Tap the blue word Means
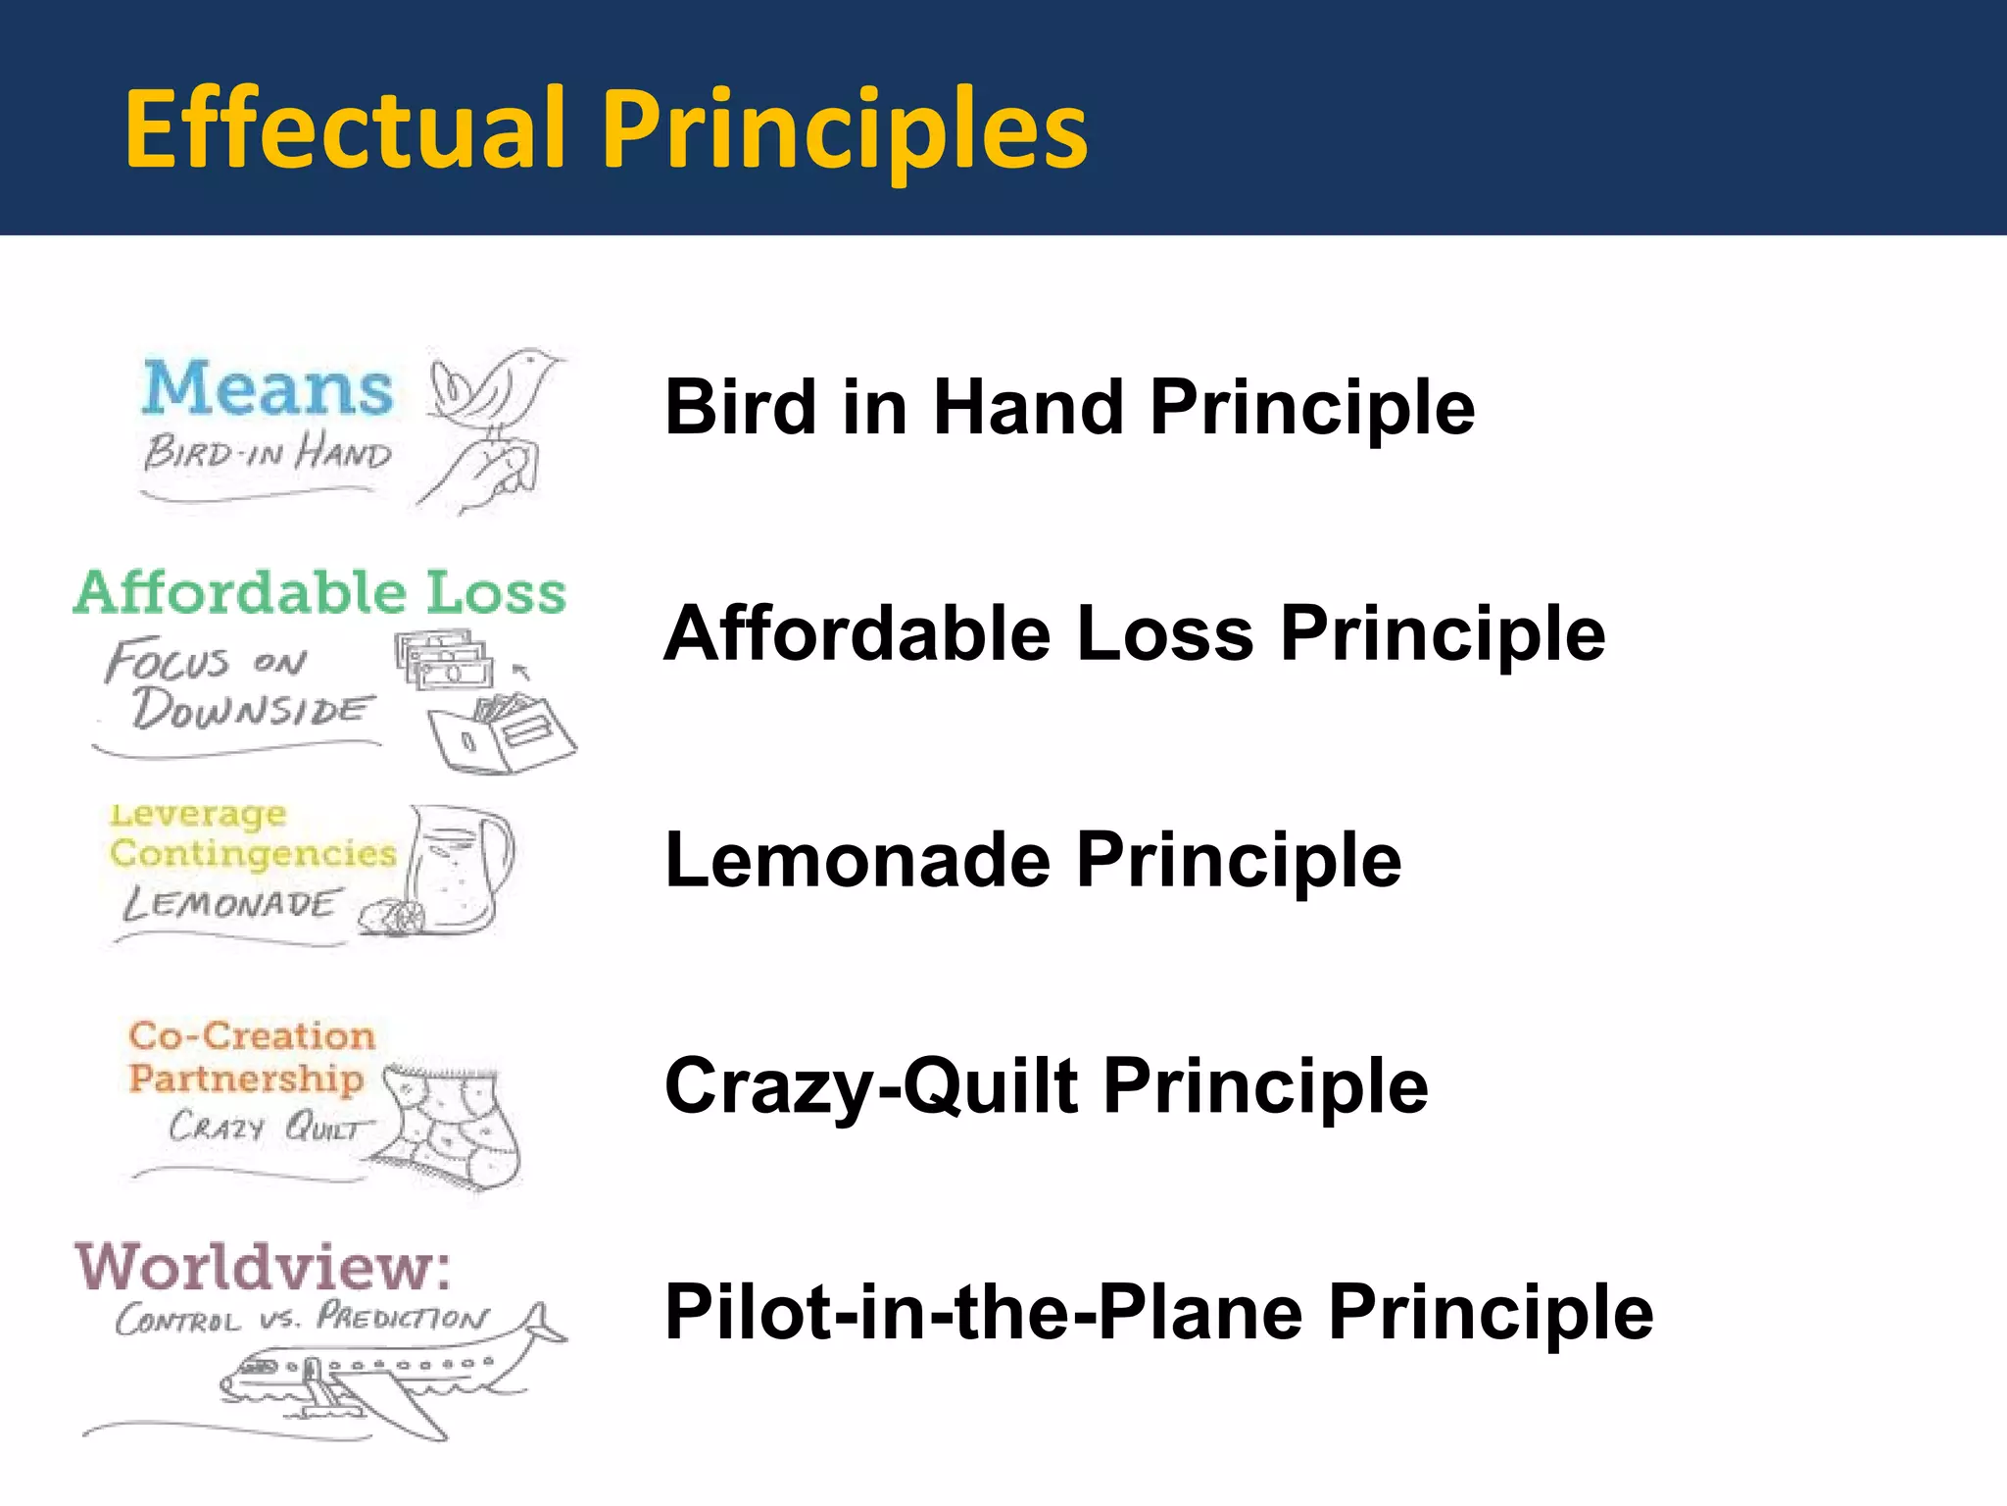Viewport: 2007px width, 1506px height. point(268,388)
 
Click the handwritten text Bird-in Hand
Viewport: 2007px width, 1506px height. point(268,453)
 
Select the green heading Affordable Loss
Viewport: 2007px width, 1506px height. point(319,593)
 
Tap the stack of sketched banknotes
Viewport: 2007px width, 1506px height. point(443,660)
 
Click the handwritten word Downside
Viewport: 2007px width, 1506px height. point(252,708)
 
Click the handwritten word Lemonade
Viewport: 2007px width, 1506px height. point(231,903)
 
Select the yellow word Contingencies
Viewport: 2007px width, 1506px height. point(253,853)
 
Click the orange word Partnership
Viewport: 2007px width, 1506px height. point(245,1079)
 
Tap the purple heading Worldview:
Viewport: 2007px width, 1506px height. point(263,1267)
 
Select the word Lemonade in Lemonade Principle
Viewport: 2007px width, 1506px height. point(857,860)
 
